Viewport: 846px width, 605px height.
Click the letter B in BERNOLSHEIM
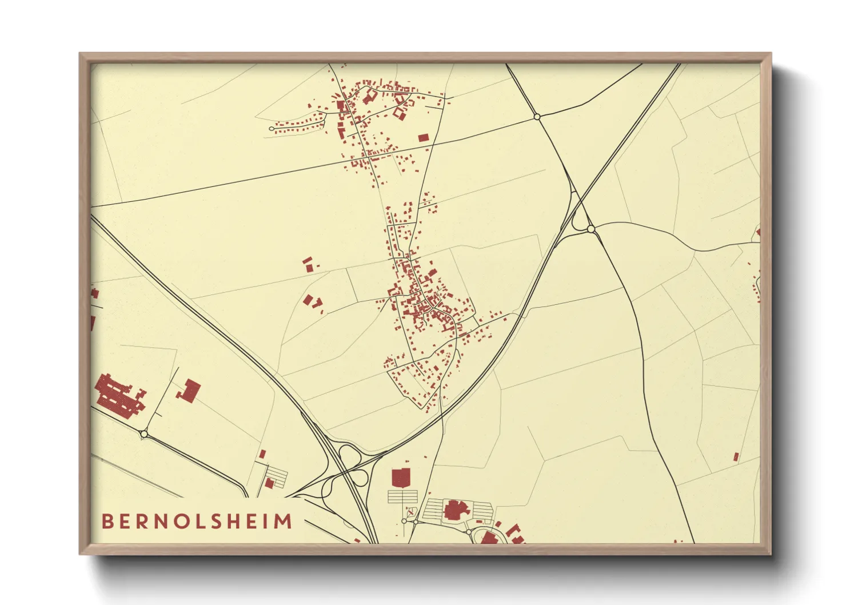pyautogui.click(x=107, y=522)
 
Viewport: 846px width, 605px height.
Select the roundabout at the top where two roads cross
pyautogui.click(x=537, y=117)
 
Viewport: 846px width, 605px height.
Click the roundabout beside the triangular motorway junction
pyautogui.click(x=591, y=229)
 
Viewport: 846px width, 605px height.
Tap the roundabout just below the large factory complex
pyautogui.click(x=143, y=434)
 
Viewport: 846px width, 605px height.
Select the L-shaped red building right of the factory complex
pyautogui.click(x=189, y=391)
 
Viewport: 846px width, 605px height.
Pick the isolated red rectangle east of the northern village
pyautogui.click(x=423, y=138)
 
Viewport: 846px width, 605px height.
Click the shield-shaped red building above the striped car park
pyautogui.click(x=401, y=476)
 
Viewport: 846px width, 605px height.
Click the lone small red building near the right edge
pyautogui.click(x=736, y=456)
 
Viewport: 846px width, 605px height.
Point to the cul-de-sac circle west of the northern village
pyautogui.click(x=272, y=129)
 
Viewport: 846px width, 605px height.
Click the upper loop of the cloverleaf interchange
pyautogui.click(x=349, y=455)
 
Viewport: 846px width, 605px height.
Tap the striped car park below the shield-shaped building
pyautogui.click(x=402, y=496)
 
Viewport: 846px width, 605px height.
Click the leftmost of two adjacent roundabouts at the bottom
pyautogui.click(x=404, y=521)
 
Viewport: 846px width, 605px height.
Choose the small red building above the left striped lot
pyautogui.click(x=262, y=454)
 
